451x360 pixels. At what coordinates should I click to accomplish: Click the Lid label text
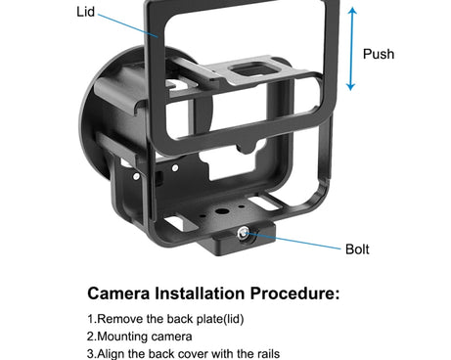pyautogui.click(x=85, y=12)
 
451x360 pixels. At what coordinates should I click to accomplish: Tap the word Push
pyautogui.click(x=379, y=54)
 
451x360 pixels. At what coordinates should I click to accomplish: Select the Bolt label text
pyautogui.click(x=357, y=249)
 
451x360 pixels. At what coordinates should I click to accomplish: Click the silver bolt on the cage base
pyautogui.click(x=243, y=233)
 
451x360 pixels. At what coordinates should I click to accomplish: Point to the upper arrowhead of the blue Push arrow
pyautogui.click(x=352, y=11)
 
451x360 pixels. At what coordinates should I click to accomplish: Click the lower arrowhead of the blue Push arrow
pyautogui.click(x=350, y=87)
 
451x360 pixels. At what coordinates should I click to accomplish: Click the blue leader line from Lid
pyautogui.click(x=128, y=25)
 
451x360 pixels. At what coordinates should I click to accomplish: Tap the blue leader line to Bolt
pyautogui.click(x=293, y=241)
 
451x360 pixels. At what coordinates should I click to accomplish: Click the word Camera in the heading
pyautogui.click(x=118, y=293)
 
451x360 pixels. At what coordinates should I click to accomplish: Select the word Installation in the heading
pyautogui.click(x=200, y=293)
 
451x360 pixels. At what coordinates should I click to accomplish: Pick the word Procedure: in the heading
pyautogui.click(x=294, y=293)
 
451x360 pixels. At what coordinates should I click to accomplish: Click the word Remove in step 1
pyautogui.click(x=120, y=319)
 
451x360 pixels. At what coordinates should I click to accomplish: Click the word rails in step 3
pyautogui.click(x=268, y=354)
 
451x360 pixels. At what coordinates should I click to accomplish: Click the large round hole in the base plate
pyautogui.click(x=222, y=211)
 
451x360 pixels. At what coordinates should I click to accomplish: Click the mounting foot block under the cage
pyautogui.click(x=236, y=238)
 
